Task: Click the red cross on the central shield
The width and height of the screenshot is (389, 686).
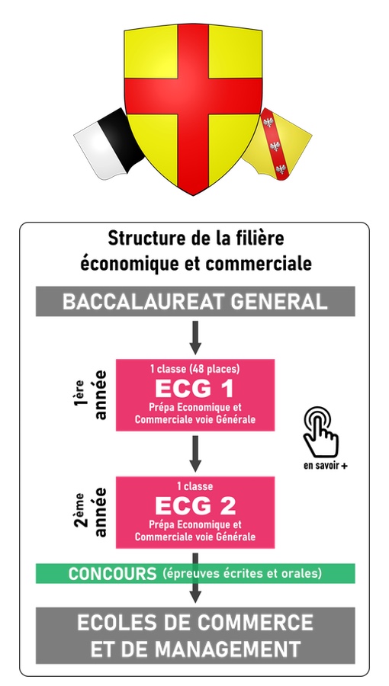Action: click(x=193, y=96)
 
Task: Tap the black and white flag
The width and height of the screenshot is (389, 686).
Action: click(x=108, y=144)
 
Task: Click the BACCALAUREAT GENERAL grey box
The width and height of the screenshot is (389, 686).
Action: click(x=195, y=301)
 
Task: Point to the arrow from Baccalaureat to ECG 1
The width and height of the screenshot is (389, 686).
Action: click(x=195, y=338)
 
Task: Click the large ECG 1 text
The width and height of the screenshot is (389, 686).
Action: click(x=194, y=389)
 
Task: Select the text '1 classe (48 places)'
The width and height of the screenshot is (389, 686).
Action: click(x=194, y=369)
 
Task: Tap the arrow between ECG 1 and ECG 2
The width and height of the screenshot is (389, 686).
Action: click(x=195, y=454)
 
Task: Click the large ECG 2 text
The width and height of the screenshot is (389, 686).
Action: click(x=195, y=506)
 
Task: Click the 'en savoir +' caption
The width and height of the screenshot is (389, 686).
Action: click(x=326, y=466)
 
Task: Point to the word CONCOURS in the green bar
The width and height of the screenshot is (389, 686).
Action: click(x=112, y=573)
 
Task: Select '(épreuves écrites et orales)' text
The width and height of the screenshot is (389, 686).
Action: click(x=242, y=573)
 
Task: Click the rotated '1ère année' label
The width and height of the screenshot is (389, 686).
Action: click(x=90, y=395)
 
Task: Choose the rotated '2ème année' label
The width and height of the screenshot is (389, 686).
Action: click(x=90, y=512)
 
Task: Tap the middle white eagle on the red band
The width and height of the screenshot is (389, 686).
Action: click(x=275, y=146)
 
